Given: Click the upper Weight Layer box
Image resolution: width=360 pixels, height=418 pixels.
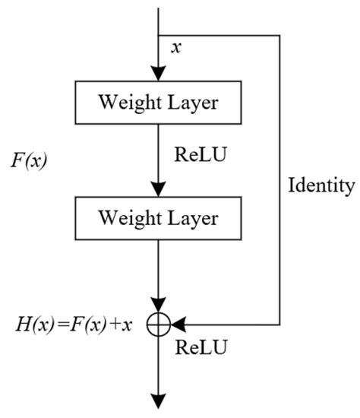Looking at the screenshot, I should (x=158, y=101).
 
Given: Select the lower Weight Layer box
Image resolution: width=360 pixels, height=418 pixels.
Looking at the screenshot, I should (x=158, y=219).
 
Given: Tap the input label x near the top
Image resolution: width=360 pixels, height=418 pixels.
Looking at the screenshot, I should (x=176, y=47).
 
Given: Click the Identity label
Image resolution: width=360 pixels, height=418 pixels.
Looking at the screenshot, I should (x=321, y=185).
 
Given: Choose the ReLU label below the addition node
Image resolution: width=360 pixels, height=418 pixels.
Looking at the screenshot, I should (x=201, y=348).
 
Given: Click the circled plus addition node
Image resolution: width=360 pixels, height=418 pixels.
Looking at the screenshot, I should (x=158, y=325).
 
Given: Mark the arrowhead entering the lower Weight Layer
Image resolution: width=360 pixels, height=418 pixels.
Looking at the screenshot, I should (x=158, y=190).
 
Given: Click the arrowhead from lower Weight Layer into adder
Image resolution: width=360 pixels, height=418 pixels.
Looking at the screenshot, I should (x=158, y=307).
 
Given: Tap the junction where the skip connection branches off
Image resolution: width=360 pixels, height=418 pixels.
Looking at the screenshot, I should (x=158, y=34).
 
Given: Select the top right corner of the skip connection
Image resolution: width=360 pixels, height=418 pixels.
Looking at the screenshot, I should (x=280, y=34).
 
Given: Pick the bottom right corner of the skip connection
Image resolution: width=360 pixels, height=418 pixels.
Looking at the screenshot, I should (x=280, y=325).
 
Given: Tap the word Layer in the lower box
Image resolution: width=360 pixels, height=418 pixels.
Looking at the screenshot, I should (x=192, y=219).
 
